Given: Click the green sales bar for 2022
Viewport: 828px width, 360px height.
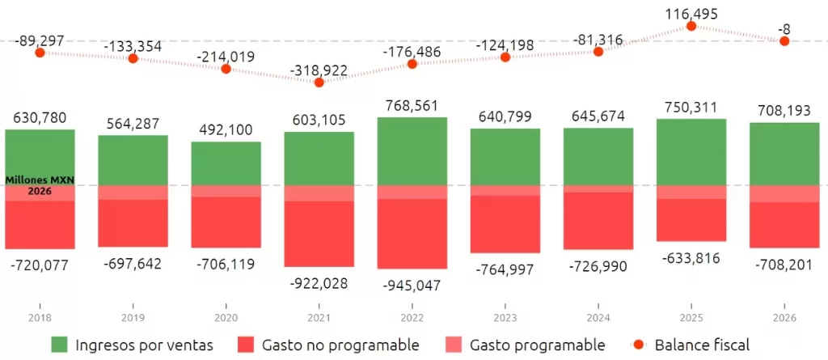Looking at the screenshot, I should coord(412,151).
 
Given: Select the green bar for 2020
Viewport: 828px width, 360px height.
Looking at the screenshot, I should coord(226,163).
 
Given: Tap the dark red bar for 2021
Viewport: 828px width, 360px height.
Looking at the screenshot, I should coord(319,233).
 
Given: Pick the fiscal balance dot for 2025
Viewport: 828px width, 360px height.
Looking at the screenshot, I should coord(691,26).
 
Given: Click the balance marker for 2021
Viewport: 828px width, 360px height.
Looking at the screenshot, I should coord(319,83).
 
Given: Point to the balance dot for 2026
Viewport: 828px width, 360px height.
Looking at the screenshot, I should coord(784,40).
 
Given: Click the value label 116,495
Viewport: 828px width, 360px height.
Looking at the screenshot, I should coord(691,12).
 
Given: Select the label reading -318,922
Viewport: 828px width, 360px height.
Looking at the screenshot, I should coord(319,70).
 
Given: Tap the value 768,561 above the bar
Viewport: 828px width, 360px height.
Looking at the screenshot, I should coord(412,107).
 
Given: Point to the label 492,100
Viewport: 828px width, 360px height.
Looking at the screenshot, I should coord(226,130).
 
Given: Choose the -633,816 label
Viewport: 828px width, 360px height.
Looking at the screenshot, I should coord(691,257).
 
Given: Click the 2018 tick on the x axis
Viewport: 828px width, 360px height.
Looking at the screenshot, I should coord(40,318).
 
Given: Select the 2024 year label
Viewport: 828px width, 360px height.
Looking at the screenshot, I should coord(598,318).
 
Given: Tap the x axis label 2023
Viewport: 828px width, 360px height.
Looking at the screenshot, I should coord(505,318).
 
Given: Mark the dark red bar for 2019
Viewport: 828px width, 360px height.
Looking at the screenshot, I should coord(133,222).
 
